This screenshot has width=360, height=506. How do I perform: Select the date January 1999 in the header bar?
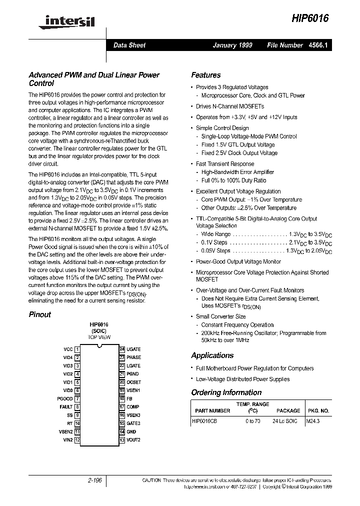coord(232,45)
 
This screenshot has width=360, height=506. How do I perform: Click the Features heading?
coord(205,75)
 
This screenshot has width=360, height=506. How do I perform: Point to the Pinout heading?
coord(40,314)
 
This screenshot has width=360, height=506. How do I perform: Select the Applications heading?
coord(212,355)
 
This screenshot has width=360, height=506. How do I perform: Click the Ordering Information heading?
coord(226,392)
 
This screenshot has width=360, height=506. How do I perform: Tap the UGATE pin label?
coord(133,349)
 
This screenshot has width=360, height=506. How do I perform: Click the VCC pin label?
coord(68,349)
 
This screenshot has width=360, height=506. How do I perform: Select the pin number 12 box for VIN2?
coord(77,440)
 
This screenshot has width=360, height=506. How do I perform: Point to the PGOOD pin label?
coord(65,398)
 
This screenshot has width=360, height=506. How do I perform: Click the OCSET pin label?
coord(133,382)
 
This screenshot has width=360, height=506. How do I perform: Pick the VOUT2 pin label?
coord(133,440)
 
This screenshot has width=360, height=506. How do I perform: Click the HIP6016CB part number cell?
coord(204,421)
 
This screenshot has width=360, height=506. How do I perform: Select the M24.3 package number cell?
coord(313,421)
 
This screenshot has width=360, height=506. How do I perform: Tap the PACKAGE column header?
coord(288,411)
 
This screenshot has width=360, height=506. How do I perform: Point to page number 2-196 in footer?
coord(93,480)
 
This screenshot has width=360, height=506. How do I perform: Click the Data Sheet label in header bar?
coord(129,45)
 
